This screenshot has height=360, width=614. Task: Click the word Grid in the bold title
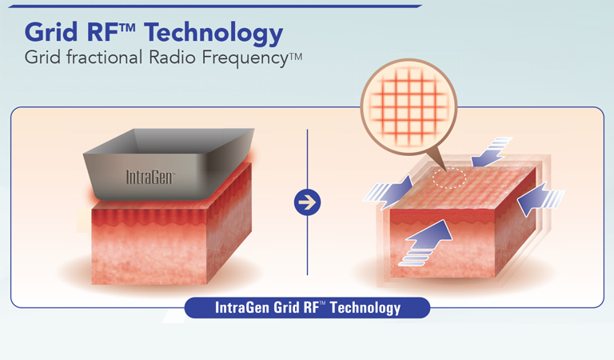point(51,32)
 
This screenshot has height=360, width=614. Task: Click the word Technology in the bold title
point(213,34)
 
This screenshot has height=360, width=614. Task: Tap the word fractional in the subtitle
point(104,57)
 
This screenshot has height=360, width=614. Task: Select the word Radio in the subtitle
point(172,57)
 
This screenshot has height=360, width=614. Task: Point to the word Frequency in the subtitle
point(245,58)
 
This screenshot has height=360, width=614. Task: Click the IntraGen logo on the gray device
point(150,177)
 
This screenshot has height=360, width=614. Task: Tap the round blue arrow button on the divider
point(307,202)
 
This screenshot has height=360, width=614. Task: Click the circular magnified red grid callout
point(409,107)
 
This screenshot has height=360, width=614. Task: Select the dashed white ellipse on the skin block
point(449,178)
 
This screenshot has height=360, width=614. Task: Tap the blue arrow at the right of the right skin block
point(540,198)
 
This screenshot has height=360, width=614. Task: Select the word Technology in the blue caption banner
point(365,308)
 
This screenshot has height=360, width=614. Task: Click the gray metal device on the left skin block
point(169,164)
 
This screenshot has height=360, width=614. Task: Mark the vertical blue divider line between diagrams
point(307,202)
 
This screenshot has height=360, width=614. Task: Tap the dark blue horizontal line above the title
point(215,6)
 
